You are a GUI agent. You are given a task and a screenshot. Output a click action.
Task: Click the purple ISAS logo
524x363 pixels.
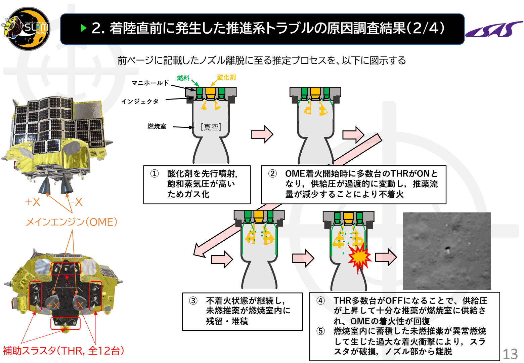(x=494, y=29)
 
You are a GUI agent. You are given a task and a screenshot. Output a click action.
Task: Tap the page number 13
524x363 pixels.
(x=510, y=354)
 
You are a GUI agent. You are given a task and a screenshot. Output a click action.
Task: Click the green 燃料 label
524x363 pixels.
(x=183, y=78)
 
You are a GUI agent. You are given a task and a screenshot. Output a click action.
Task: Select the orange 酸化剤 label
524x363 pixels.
(x=226, y=77)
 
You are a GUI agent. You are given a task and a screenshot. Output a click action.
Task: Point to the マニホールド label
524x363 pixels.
(x=150, y=83)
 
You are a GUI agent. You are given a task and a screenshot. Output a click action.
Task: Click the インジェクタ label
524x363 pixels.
(x=140, y=101)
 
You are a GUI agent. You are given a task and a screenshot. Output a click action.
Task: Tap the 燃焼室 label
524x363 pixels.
(x=157, y=126)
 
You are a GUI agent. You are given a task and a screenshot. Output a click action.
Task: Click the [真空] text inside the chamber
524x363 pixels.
(x=211, y=127)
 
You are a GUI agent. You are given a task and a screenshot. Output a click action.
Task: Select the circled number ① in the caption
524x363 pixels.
(x=154, y=174)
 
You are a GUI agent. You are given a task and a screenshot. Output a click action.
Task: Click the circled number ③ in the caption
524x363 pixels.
(x=193, y=300)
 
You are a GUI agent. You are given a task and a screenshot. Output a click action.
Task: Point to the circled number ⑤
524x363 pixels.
(x=321, y=331)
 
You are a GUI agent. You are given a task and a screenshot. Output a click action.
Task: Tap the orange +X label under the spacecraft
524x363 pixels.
(x=33, y=202)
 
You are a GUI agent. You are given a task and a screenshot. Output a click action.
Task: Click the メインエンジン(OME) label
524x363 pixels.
(x=72, y=222)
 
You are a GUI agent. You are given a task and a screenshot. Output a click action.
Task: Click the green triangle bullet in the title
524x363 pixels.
(x=84, y=28)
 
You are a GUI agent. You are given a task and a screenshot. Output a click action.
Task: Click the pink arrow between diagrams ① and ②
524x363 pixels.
(x=262, y=134)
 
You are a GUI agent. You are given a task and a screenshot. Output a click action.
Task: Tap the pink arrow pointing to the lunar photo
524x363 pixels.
(x=386, y=257)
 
